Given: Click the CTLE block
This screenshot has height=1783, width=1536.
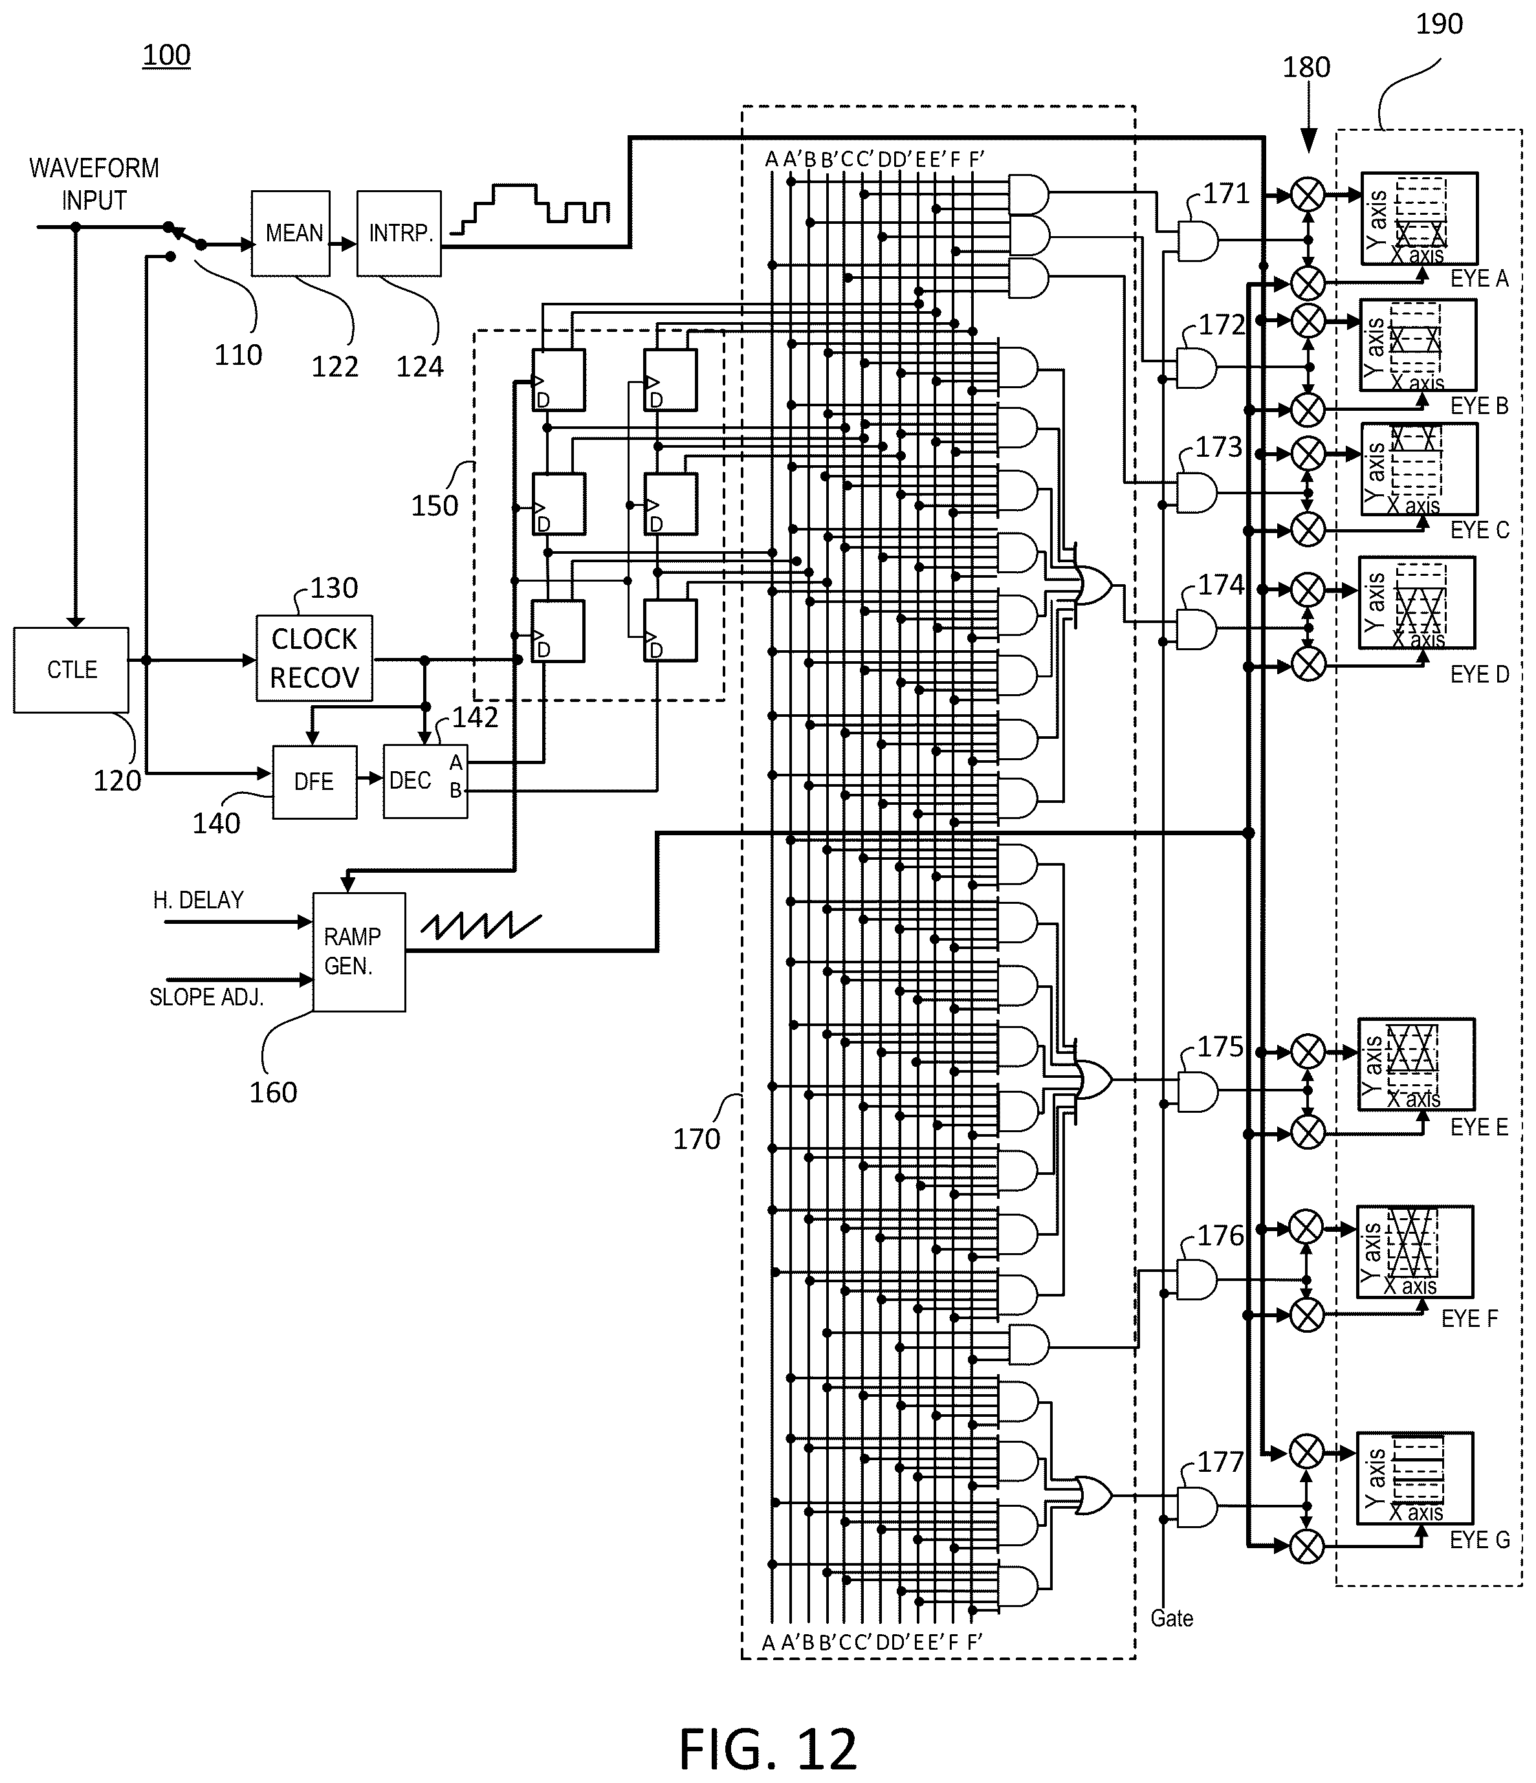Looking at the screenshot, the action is (x=71, y=670).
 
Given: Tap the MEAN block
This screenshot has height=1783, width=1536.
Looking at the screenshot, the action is (x=291, y=233).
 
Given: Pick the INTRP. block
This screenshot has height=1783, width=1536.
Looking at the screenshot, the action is (x=399, y=233).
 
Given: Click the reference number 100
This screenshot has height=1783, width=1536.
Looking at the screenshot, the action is (x=166, y=55).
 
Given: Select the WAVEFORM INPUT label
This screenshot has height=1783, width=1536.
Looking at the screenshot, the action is (x=94, y=183).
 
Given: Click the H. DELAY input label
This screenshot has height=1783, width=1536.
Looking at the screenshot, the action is (x=198, y=900).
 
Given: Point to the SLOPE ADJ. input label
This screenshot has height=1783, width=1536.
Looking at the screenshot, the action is (x=206, y=996).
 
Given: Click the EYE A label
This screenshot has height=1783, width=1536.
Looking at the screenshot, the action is (x=1479, y=278).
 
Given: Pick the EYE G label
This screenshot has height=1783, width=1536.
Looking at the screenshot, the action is (x=1479, y=1540).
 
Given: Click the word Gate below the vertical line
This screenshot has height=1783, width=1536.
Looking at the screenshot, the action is (x=1172, y=1618).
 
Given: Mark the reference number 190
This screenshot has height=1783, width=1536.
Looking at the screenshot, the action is (x=1440, y=24).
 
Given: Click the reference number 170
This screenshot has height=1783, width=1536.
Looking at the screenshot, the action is (x=696, y=1139).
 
